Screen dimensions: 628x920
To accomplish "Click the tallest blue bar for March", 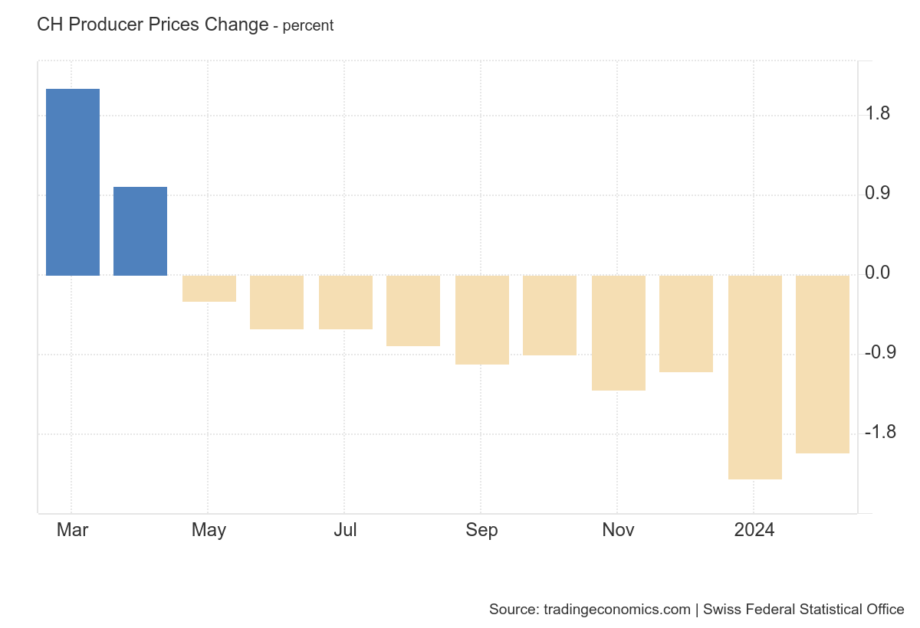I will click(x=73, y=182).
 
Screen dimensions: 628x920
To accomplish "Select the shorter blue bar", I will click(x=140, y=231).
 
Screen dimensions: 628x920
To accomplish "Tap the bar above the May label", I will click(x=209, y=289).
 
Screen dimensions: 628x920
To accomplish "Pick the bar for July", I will click(x=346, y=303).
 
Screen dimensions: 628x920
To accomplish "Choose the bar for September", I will click(x=482, y=320).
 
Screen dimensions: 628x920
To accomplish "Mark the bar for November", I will click(x=619, y=333).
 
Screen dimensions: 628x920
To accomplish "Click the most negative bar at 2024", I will click(x=755, y=378).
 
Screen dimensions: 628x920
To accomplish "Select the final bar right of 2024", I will click(x=823, y=365).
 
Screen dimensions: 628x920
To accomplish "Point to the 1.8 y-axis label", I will click(x=878, y=115).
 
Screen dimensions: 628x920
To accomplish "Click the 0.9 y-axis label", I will click(x=878, y=194).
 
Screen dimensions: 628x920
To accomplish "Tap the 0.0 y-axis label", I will click(x=878, y=273).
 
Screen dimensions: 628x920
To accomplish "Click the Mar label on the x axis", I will click(x=73, y=530).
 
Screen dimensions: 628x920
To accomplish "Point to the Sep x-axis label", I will click(x=481, y=530).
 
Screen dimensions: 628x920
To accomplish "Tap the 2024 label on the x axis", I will click(x=754, y=530).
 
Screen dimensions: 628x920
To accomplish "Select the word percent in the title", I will click(x=308, y=26).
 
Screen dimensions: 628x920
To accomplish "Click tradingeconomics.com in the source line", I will click(x=617, y=610).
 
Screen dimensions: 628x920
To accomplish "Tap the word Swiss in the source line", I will click(x=721, y=610).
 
